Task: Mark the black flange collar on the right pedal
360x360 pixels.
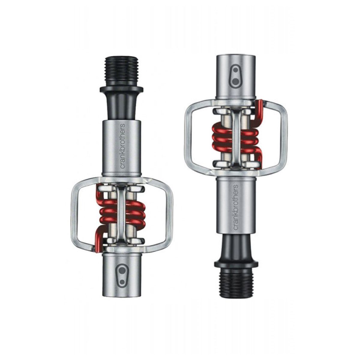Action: coord(236,264)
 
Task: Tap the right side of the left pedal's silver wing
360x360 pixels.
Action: coord(169,211)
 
